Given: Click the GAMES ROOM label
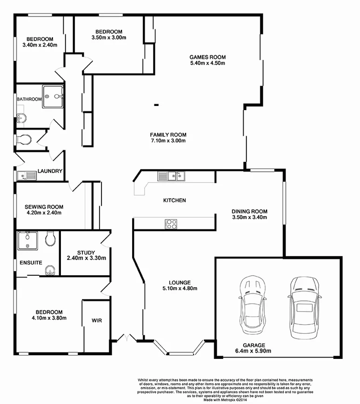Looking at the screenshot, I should point(207,57).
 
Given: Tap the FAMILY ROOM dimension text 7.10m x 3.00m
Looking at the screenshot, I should point(168,141).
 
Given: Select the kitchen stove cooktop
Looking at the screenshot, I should point(171,224).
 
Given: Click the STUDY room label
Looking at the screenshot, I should point(86,252).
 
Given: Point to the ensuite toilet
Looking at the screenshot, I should point(51,239).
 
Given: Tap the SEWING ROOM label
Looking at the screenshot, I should point(45,207).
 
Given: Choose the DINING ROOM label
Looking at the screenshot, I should point(250,211).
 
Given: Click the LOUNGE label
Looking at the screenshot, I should point(180,282).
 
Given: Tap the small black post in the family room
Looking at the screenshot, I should point(156,106).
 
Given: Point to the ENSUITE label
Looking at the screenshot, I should point(31,263).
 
